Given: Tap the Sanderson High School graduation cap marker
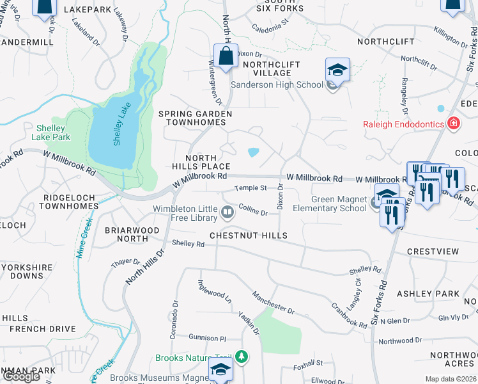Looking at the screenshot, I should pyautogui.click(x=337, y=70).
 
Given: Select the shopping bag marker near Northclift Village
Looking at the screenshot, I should pyautogui.click(x=226, y=56).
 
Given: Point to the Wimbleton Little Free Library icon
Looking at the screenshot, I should pyautogui.click(x=227, y=211).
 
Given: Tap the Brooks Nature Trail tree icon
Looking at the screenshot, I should pyautogui.click(x=242, y=356).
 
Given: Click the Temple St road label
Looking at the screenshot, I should pyautogui.click(x=250, y=188).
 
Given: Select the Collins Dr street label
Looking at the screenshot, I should pyautogui.click(x=253, y=209).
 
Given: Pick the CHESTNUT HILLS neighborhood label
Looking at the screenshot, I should pyautogui.click(x=245, y=236).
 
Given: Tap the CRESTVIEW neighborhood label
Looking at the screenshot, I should pyautogui.click(x=433, y=252).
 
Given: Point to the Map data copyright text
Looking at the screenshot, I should pyautogui.click(x=450, y=379).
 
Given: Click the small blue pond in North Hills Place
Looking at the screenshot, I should pyautogui.click(x=253, y=152).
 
